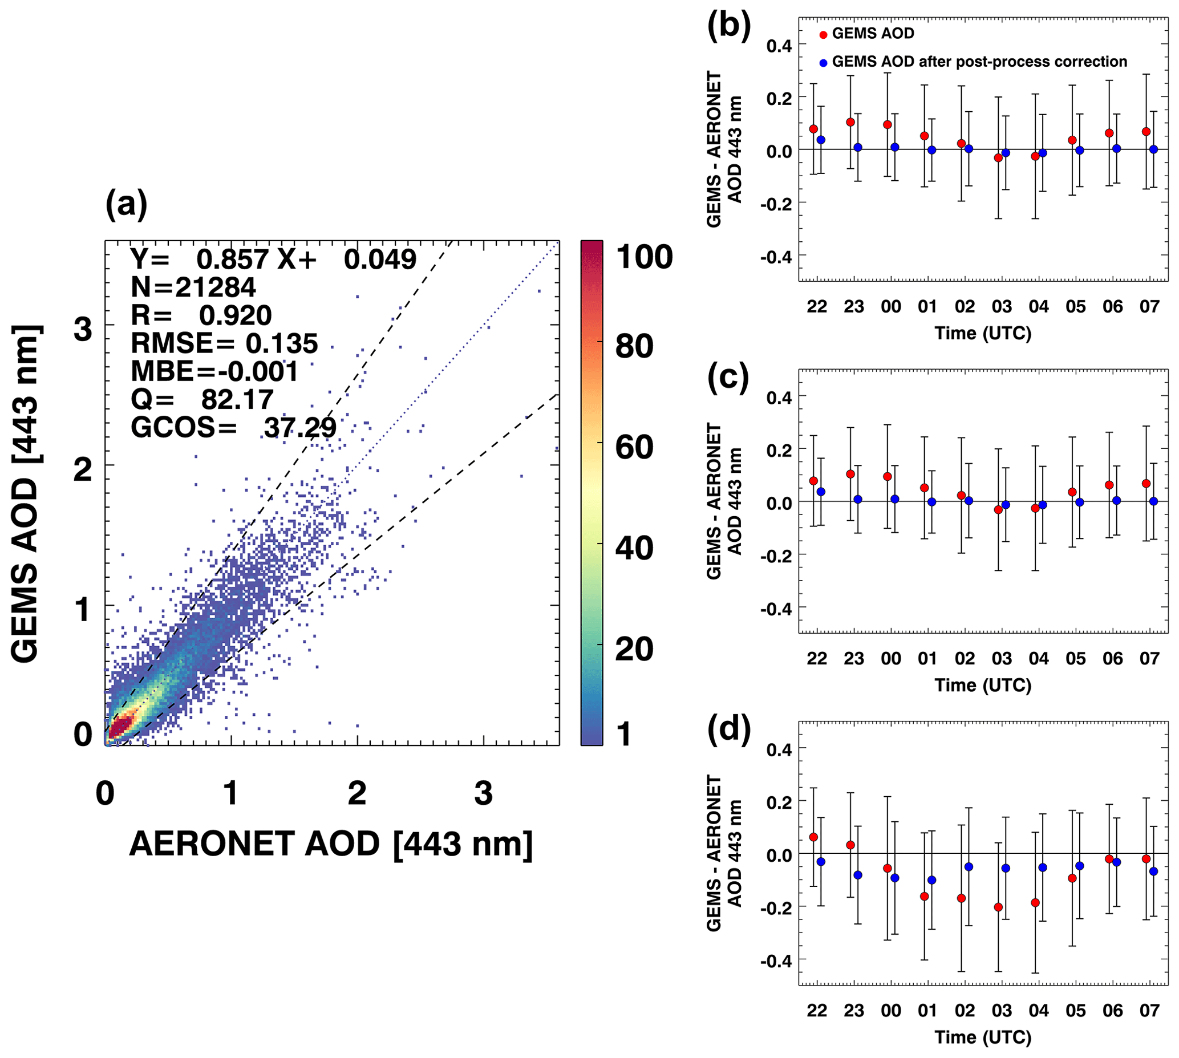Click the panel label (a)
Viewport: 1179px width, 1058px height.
tap(126, 205)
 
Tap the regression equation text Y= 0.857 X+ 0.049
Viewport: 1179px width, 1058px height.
tap(273, 260)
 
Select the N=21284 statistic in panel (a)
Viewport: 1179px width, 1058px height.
tap(193, 287)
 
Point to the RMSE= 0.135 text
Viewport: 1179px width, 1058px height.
tap(224, 343)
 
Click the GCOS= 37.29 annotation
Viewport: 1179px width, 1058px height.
tap(234, 428)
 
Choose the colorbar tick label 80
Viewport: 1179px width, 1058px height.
tap(634, 346)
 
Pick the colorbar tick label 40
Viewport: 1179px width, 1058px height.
tap(634, 548)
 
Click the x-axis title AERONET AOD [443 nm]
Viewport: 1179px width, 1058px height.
tap(331, 844)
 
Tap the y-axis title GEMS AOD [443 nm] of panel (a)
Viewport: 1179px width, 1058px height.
tap(26, 493)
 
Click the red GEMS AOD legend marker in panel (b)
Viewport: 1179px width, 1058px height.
tap(823, 35)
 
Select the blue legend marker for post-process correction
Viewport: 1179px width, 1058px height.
tap(823, 63)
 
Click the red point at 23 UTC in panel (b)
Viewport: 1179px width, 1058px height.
tap(850, 122)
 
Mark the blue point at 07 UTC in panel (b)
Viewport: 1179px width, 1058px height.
tap(1153, 149)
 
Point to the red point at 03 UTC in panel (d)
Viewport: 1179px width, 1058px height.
tap(998, 907)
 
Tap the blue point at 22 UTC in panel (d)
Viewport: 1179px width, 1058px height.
tap(821, 861)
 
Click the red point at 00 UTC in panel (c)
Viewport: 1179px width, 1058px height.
tap(888, 477)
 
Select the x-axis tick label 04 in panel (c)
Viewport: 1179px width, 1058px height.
tap(1038, 659)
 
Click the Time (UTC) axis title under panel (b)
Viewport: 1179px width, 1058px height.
tap(982, 334)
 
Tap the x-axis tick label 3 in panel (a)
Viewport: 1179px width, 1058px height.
tap(483, 793)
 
